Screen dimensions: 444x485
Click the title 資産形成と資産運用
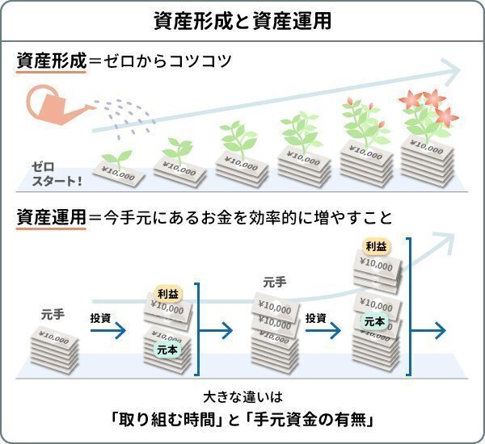pos(242,20)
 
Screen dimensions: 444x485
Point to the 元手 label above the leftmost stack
pos(53,313)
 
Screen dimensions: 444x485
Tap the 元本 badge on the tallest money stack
pos(374,321)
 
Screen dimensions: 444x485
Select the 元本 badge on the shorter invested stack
pos(168,349)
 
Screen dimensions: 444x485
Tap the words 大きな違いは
pos(242,398)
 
